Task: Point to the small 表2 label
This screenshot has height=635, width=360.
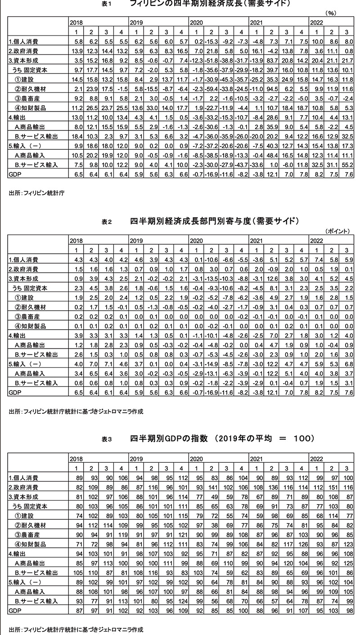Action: (106, 222)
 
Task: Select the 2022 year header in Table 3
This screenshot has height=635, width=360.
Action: (317, 458)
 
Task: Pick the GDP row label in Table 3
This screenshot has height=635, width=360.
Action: (15, 611)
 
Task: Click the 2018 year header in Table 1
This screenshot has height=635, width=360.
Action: (76, 22)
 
